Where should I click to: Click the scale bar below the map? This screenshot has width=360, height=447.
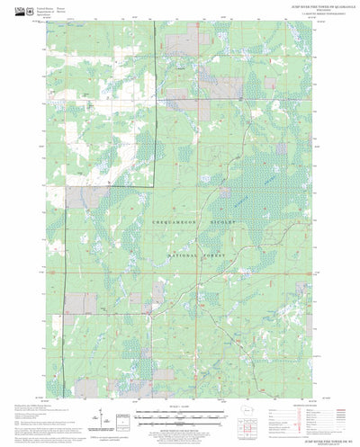click(x=179, y=415)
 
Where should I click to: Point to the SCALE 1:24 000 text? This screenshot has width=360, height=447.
click(x=179, y=407)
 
